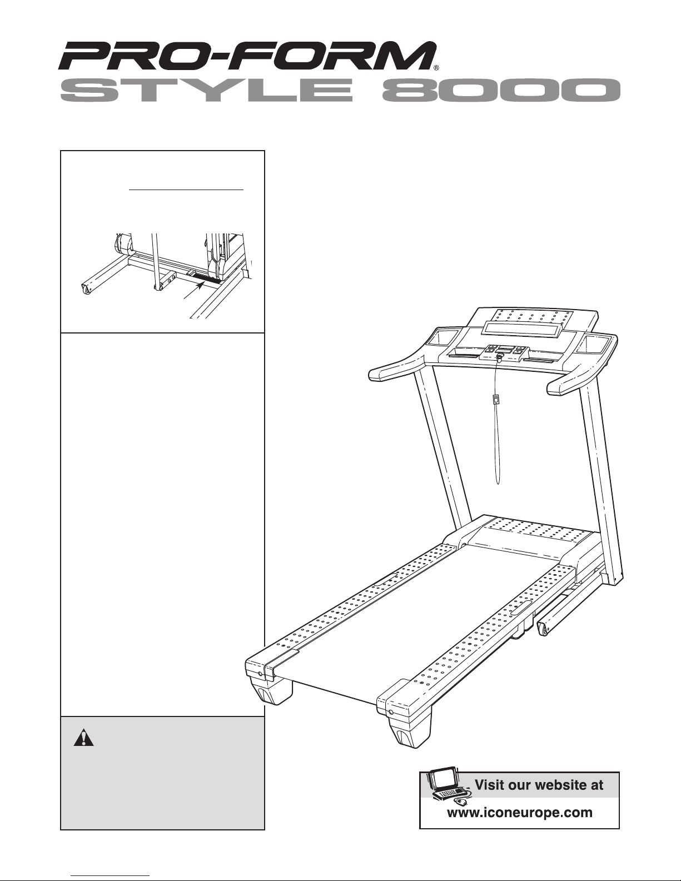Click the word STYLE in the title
pos(207,90)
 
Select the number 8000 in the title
pos(501,90)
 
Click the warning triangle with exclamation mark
pos(83,738)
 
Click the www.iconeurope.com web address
pos(520,813)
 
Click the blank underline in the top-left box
pos(186,190)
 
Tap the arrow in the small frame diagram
pos(193,291)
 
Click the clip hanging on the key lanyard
pos(495,400)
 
